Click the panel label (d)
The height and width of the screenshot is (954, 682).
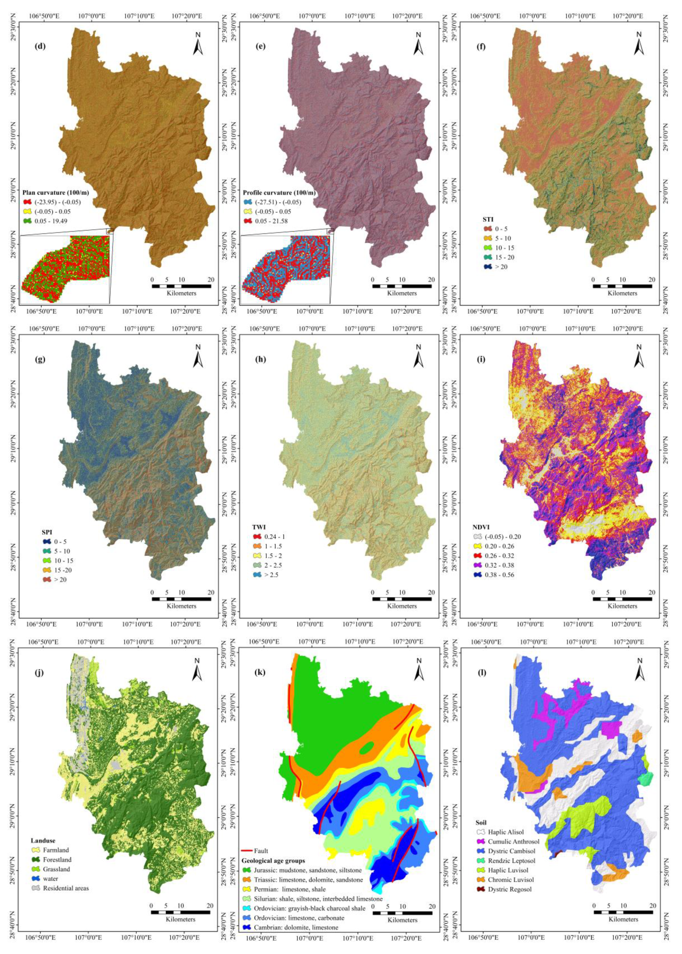tap(40, 46)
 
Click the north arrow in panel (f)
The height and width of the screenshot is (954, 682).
tap(639, 44)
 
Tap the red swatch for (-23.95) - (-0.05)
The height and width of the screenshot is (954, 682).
tap(28, 202)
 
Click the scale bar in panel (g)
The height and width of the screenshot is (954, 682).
tap(181, 599)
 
